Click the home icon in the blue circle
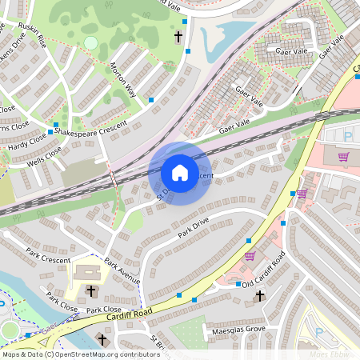[x=180, y=173]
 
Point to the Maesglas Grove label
[x=238, y=329]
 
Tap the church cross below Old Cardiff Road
[x=258, y=297]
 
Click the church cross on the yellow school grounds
[x=90, y=290]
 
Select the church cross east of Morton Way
[x=178, y=37]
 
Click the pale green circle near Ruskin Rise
[x=90, y=42]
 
